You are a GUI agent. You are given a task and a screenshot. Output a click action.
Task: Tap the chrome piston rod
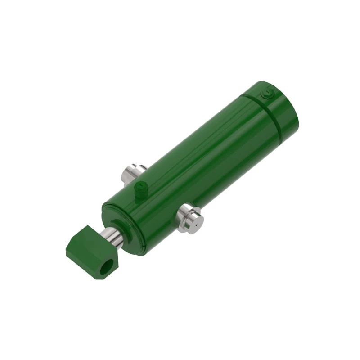pos(110,236)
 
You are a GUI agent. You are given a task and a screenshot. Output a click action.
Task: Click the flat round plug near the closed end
pos(267,94)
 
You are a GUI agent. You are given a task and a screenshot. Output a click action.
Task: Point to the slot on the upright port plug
pos(140,184)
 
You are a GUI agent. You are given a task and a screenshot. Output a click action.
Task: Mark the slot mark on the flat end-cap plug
pos(267,94)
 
